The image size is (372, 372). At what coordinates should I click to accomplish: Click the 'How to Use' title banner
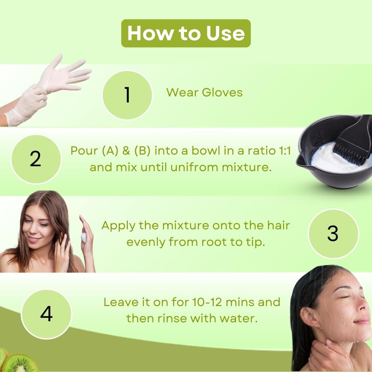tap(186, 33)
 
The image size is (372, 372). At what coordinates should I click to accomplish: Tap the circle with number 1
tap(127, 95)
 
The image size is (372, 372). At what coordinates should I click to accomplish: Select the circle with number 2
tap(36, 159)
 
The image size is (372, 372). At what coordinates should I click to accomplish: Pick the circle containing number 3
tap(333, 233)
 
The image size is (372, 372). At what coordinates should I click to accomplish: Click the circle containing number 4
tap(46, 314)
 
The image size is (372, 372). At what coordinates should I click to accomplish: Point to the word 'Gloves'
tap(222, 92)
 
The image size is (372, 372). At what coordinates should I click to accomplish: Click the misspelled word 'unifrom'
tap(194, 167)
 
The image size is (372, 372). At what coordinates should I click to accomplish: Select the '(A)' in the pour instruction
tap(110, 151)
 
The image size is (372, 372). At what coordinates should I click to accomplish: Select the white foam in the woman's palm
tap(84, 237)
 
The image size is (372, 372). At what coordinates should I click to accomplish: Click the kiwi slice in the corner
tap(21, 363)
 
